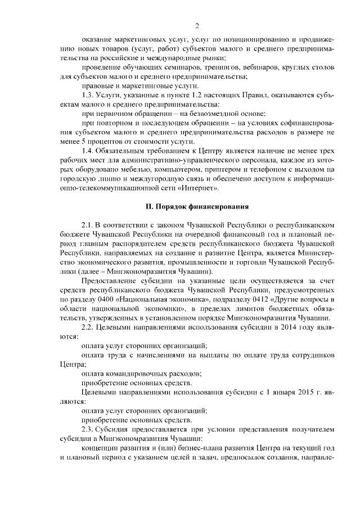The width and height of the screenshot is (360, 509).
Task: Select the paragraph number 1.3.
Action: tap(91, 95)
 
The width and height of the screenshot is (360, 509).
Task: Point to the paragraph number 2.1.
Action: tap(91, 226)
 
